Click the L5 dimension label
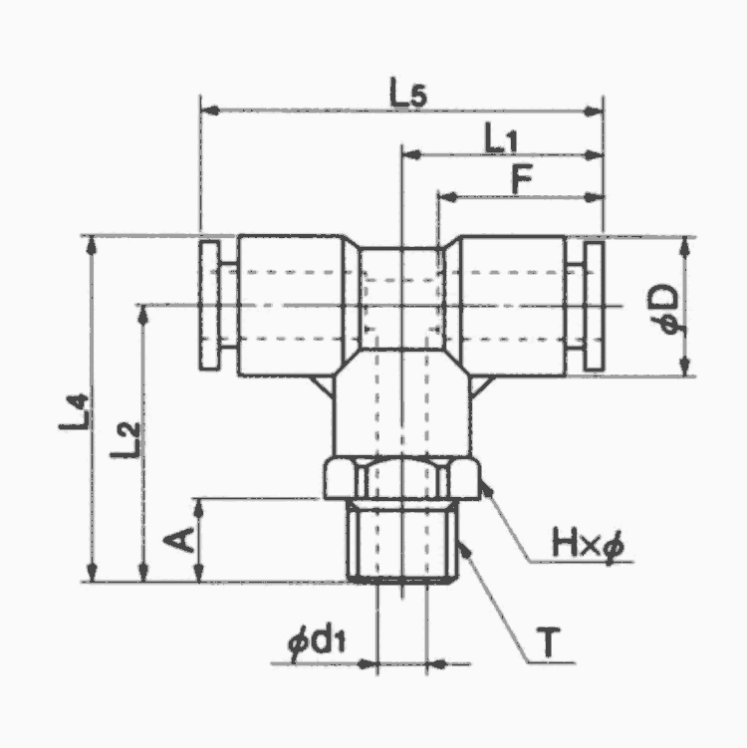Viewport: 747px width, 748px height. (407, 93)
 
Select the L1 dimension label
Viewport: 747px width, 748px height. (501, 137)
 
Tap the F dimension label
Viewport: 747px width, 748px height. (521, 179)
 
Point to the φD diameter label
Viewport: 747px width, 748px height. (663, 309)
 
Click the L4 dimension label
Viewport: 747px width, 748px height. (74, 411)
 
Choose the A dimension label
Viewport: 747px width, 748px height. (178, 540)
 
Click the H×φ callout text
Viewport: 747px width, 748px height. (588, 544)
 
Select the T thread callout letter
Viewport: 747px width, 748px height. (549, 642)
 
